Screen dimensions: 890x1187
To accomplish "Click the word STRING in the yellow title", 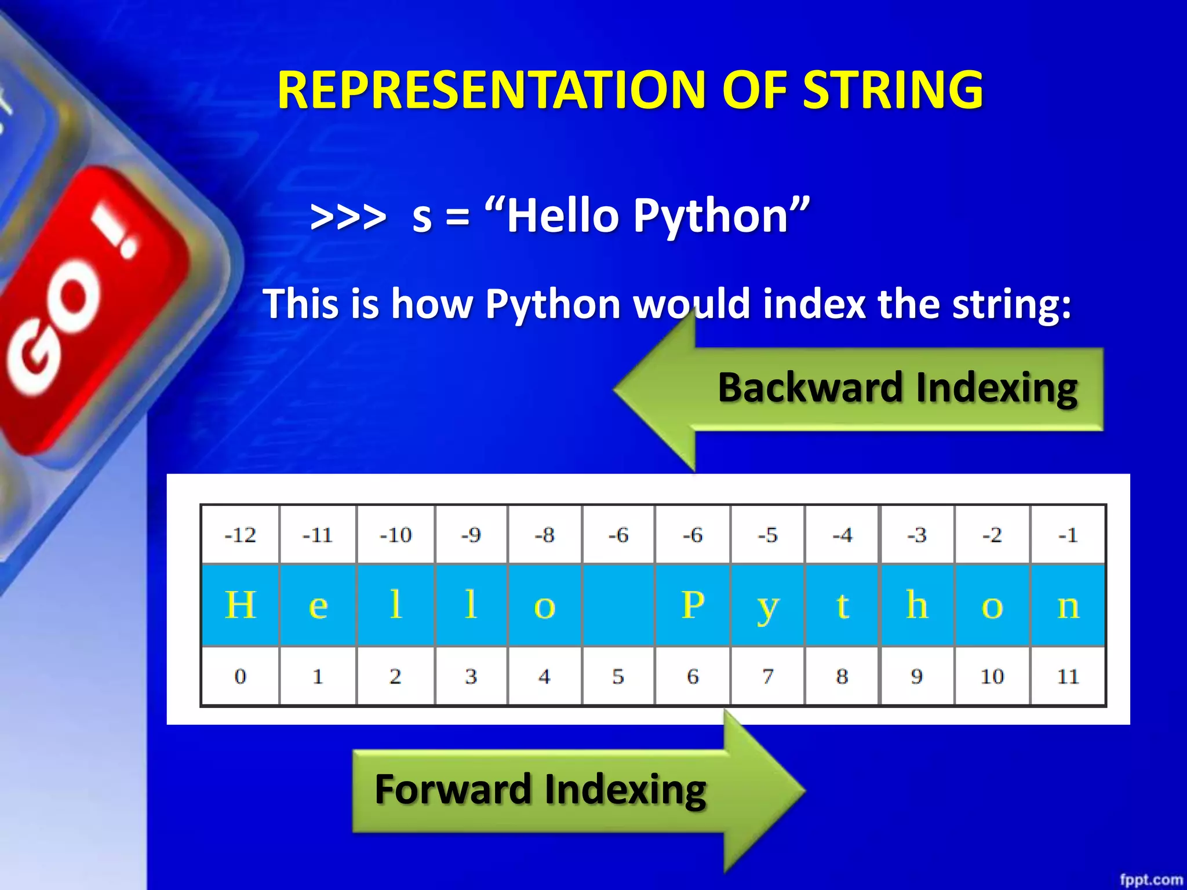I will (x=893, y=90).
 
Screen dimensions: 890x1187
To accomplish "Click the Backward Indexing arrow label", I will (x=897, y=387).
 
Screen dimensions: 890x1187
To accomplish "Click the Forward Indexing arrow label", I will (x=540, y=789).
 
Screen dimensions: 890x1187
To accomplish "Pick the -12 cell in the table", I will (x=240, y=534).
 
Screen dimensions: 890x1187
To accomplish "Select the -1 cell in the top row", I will (x=1068, y=534).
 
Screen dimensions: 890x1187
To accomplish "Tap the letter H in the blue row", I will (x=240, y=605).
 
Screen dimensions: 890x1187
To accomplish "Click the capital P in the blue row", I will (x=693, y=605).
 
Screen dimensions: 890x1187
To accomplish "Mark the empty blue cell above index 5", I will (x=618, y=605).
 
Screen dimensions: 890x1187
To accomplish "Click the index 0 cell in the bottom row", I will (x=240, y=676).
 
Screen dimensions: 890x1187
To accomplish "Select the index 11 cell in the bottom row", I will (x=1068, y=676).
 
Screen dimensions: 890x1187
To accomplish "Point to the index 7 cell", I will (x=767, y=676).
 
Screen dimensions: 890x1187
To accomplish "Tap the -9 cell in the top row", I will (x=471, y=534).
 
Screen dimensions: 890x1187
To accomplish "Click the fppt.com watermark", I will (x=1150, y=880).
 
